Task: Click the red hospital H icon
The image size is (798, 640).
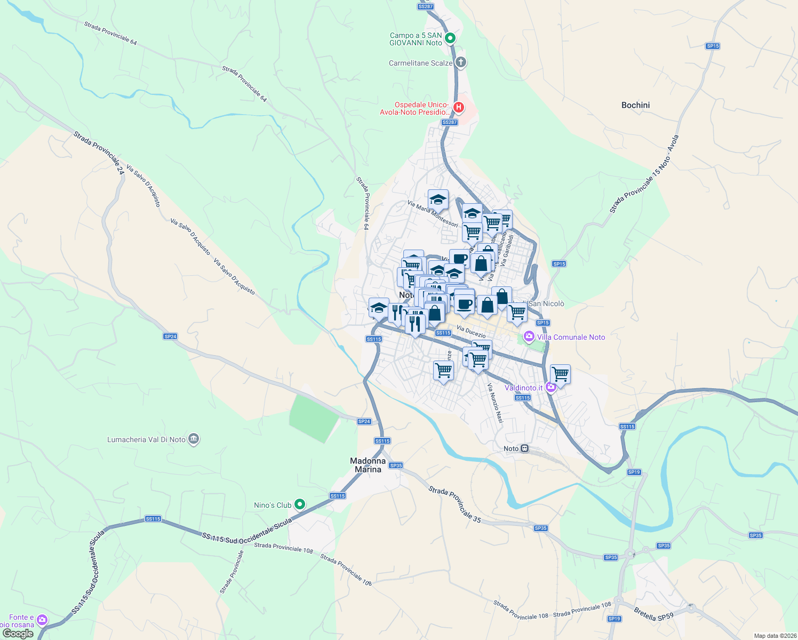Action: click(458, 108)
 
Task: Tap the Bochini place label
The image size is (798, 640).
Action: click(635, 105)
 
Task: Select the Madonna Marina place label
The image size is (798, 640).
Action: click(368, 465)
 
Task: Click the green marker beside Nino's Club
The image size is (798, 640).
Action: click(300, 504)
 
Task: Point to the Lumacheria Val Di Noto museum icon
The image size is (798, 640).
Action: click(194, 439)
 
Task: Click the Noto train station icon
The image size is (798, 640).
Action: click(525, 449)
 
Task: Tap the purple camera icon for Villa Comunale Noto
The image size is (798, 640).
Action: click(529, 337)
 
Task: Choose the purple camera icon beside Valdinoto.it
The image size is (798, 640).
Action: click(550, 388)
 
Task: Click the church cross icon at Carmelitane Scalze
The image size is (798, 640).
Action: click(461, 62)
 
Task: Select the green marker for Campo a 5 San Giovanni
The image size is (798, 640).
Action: click(450, 38)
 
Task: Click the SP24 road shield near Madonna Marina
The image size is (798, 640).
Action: click(364, 421)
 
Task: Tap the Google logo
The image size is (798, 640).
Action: click(18, 634)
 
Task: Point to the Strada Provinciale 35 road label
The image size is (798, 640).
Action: click(454, 504)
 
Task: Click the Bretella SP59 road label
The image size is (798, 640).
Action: click(653, 614)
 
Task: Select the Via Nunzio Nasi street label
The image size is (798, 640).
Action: click(495, 403)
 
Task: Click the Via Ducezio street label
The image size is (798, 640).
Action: click(471, 332)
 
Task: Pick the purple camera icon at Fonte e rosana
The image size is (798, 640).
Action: click(42, 620)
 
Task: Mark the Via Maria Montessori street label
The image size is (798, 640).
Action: click(433, 213)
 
